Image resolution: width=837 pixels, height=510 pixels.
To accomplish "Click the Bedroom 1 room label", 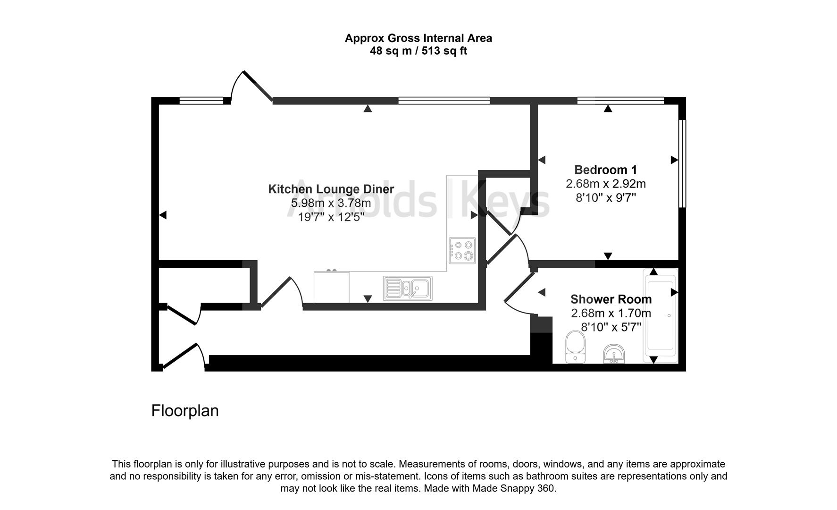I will pos(605,170).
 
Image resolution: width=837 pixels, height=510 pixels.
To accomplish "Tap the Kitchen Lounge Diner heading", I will pos(331,189).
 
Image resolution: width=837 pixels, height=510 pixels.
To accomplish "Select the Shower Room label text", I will pos(611,299).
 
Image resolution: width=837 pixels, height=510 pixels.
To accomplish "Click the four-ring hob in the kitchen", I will pos(462,250).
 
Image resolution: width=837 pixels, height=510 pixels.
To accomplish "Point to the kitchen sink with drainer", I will pos(408,288).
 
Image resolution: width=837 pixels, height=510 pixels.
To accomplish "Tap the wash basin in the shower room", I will pos(614,354).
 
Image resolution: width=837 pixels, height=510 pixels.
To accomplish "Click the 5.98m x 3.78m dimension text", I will pos(331,203).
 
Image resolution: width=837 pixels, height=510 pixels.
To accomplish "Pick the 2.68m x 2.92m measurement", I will pos(605,184).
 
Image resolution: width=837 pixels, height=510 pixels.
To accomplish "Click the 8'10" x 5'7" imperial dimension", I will pos(611,327).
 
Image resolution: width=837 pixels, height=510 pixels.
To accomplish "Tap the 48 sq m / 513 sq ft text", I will pos(418,51).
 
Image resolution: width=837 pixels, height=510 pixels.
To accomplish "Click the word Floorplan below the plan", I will pos(185,410).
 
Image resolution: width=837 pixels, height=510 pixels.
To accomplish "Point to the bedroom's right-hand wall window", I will pos(682,163).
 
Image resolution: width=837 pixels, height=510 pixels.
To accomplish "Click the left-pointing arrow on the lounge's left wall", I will pos(163,215).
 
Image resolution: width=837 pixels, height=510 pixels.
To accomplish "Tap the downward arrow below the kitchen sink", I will pos(368,298).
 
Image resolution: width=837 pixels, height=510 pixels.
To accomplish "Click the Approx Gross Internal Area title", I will pos(418,38).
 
